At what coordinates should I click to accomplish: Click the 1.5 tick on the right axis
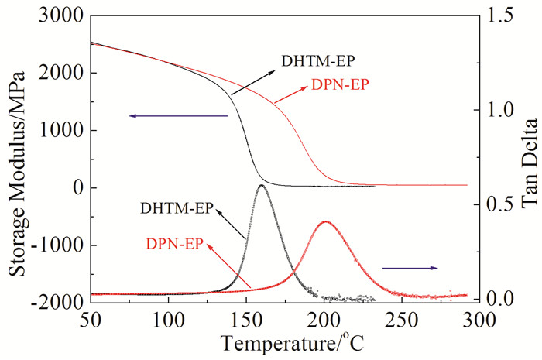[496, 15]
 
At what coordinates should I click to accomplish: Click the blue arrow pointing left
[178, 116]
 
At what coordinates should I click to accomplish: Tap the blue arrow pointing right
[410, 268]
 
